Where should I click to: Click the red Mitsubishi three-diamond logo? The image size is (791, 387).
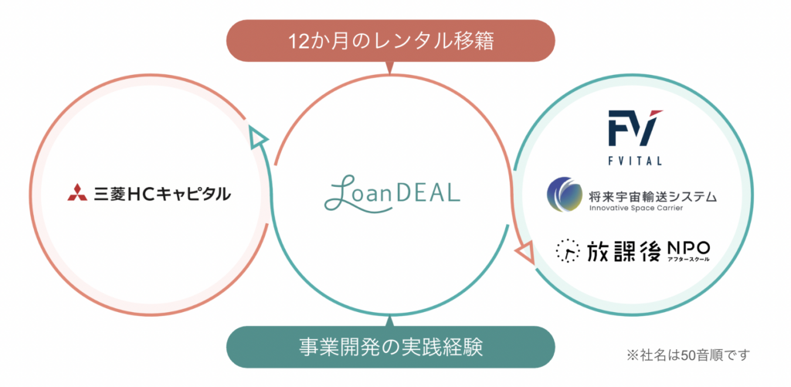77,193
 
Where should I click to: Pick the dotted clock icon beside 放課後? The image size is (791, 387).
568,251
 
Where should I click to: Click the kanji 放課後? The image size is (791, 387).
623,250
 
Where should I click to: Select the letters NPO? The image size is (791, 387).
688,247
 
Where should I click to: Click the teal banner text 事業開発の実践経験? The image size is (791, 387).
390,347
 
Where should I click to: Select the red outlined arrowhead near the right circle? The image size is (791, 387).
525,252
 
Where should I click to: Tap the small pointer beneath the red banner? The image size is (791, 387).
390,68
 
